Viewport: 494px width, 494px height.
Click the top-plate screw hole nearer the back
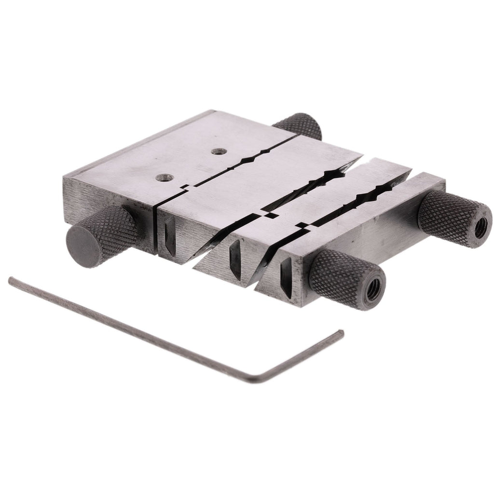[x=220, y=151]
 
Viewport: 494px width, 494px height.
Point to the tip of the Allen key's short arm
[x=341, y=331]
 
